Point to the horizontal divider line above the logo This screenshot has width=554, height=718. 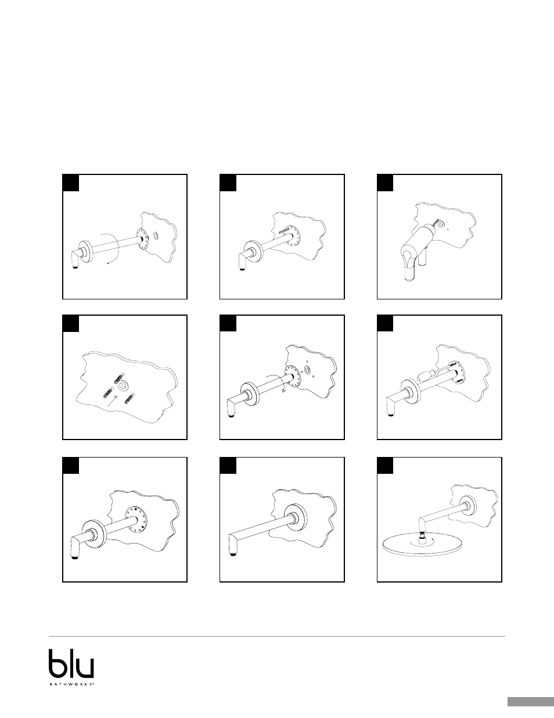coord(277,636)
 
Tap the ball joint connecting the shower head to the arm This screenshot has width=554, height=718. coord(422,534)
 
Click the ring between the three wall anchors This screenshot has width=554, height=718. coord(124,385)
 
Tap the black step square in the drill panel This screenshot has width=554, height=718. coord(385,183)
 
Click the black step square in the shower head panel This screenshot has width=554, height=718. coord(385,466)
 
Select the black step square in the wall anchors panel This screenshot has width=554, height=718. coord(71,323)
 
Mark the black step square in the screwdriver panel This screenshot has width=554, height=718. coord(385,323)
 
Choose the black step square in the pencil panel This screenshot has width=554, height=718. coord(228,183)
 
